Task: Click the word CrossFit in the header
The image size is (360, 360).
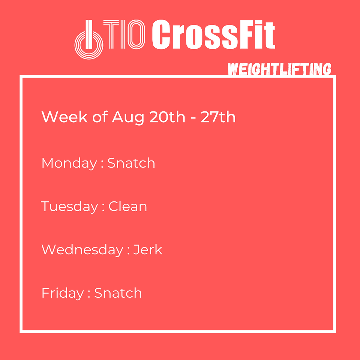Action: [213, 34]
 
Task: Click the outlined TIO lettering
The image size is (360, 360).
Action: [124, 34]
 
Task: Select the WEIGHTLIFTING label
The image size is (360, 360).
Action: [279, 69]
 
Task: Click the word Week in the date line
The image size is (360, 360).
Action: [64, 117]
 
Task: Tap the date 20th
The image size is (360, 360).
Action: [167, 117]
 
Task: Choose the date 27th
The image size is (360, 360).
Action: [218, 117]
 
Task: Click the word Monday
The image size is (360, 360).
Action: [69, 164]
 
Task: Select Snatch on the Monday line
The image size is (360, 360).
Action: [131, 163]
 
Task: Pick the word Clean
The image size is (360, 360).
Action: [127, 206]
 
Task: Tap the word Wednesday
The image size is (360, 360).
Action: [82, 250]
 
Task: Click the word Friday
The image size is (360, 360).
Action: [63, 293]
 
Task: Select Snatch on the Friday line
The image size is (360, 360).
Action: [118, 293]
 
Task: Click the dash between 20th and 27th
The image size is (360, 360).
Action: [193, 118]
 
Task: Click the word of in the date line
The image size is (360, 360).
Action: [100, 117]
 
